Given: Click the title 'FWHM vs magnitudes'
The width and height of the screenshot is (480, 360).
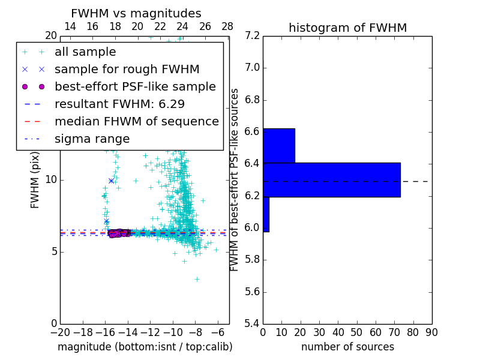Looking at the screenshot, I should click(x=136, y=14).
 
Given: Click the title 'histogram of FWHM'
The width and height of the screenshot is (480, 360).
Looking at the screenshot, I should click(x=347, y=28).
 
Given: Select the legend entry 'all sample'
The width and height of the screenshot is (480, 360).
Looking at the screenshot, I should click(x=85, y=52).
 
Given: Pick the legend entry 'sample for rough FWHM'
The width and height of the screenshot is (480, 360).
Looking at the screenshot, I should click(x=127, y=69).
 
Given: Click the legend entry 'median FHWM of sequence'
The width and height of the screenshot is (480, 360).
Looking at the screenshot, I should click(x=136, y=121).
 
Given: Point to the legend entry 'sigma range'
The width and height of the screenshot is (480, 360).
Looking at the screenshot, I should click(x=92, y=139).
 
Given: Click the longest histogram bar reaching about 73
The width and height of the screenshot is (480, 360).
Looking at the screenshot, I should click(x=331, y=179).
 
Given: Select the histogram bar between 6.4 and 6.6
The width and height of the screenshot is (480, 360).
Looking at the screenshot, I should click(x=278, y=145).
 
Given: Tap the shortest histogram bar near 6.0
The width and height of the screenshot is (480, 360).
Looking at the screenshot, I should click(x=266, y=214).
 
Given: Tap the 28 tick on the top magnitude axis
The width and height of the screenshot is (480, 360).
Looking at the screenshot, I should click(x=227, y=26).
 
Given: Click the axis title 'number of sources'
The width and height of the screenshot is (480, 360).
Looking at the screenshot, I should click(x=347, y=347).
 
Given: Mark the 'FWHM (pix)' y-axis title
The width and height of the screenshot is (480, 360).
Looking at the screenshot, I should click(x=35, y=179).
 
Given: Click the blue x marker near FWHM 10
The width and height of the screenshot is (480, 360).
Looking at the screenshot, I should click(x=111, y=180).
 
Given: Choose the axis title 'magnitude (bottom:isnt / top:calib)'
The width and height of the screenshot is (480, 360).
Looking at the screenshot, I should click(x=145, y=347).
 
